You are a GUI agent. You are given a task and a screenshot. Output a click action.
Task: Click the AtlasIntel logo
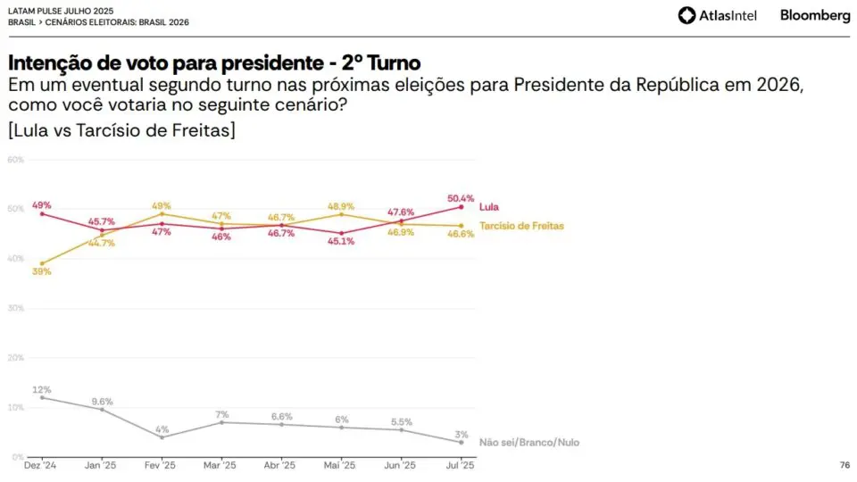pos(717,15)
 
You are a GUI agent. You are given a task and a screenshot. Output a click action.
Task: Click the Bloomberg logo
pos(815,15)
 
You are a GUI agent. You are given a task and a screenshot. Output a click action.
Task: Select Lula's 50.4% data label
pos(461,198)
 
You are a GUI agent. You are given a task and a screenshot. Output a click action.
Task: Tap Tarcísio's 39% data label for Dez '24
pos(42,271)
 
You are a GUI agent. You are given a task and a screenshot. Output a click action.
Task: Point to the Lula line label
pos(488,207)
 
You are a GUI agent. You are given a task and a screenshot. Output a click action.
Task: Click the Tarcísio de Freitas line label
pos(521,226)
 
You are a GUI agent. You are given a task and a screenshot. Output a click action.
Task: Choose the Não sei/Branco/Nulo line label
pos(529,442)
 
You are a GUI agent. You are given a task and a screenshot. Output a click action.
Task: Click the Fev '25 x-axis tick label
pos(160,465)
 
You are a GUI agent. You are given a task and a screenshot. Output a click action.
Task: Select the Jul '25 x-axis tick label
pos(461,465)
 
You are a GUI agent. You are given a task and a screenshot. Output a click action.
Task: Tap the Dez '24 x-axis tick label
pos(40,465)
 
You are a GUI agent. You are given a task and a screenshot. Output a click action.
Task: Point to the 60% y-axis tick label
pos(16,160)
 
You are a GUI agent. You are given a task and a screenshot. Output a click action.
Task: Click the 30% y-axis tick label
pos(16,308)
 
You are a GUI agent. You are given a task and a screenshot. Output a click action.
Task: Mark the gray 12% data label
pos(42,390)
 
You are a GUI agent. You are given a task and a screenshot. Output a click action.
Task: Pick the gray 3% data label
pos(462,435)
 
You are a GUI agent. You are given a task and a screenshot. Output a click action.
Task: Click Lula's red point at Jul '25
pos(461,207)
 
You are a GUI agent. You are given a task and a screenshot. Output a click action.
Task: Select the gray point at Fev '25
pos(162,437)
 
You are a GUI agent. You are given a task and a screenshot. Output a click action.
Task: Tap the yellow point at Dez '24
pos(42,263)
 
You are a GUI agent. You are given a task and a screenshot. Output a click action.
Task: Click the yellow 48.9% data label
pos(341,206)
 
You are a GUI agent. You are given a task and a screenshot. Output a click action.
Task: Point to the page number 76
pos(845,465)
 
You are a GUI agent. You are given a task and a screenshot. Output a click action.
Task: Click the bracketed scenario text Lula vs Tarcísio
pos(122,130)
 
